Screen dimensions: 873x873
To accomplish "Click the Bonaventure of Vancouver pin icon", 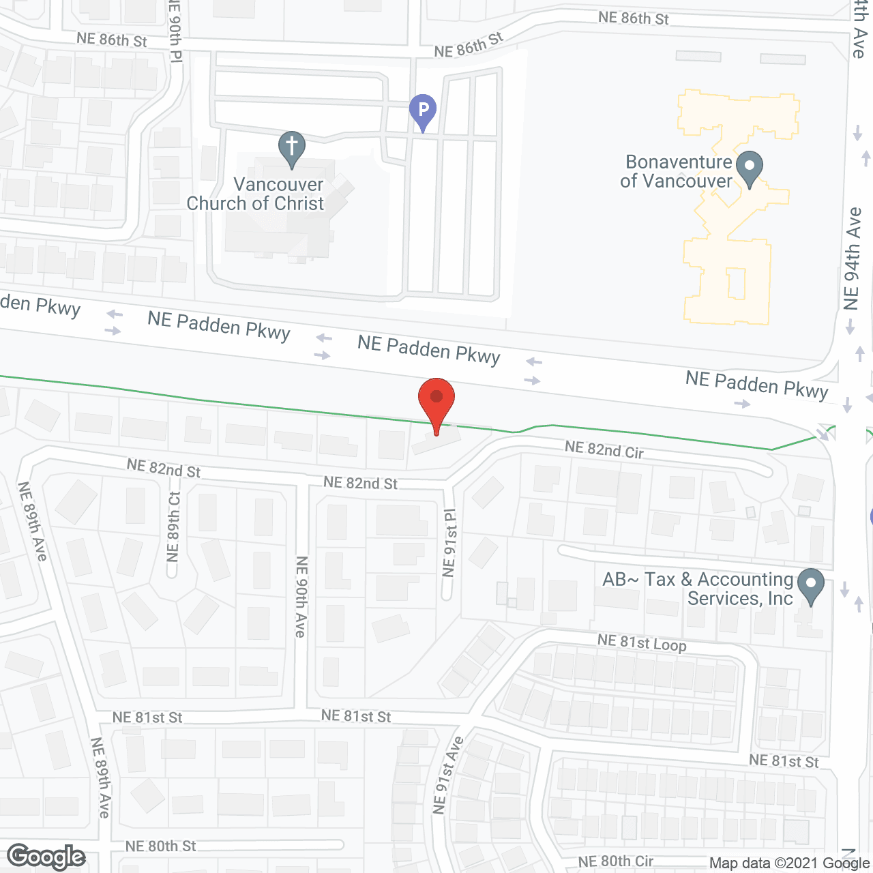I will pos(750,168).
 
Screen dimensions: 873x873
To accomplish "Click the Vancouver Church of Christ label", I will pos(256,194).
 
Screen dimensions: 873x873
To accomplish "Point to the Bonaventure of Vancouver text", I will pos(678,172).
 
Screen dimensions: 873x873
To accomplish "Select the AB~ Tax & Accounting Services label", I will pos(698,589).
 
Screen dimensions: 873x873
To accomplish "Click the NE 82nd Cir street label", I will pos(604,449).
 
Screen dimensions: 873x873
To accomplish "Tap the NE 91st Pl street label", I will pos(449,543).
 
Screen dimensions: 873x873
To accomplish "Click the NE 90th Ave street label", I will pos(301,597).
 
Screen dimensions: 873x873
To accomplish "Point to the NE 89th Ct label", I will pos(174,527).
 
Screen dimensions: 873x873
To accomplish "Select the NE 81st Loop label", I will pos(642,642).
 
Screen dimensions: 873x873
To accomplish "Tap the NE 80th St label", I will pos(160,846).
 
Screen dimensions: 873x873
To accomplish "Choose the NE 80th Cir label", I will pos(616,861).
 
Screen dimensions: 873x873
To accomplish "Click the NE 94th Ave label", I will pos(852,259).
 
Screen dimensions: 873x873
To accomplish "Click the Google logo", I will pos(46,857).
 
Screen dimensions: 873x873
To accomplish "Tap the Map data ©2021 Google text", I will pos(790,863).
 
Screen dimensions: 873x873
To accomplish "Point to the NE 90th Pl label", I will pos(175,31).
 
